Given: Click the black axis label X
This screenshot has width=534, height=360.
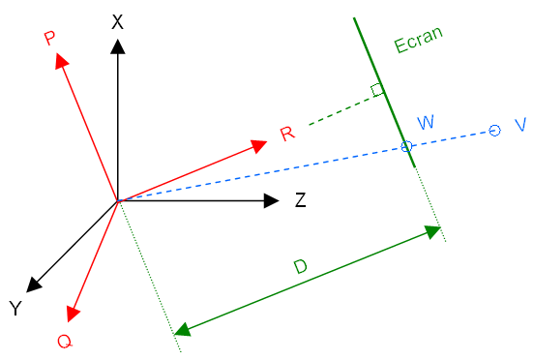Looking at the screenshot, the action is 117,22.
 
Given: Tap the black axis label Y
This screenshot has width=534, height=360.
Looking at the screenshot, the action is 15,309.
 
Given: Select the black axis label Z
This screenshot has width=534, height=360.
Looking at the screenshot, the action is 300,200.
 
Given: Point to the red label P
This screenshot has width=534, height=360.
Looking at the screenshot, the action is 49,38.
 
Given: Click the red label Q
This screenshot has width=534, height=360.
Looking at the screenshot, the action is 65,341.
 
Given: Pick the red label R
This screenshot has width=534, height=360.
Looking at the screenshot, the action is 287,134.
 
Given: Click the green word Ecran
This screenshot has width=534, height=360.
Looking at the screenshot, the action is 419,40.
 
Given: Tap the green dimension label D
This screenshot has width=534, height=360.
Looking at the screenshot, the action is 301,267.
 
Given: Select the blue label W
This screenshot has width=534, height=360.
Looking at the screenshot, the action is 426,122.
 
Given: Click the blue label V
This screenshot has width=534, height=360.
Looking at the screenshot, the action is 520,125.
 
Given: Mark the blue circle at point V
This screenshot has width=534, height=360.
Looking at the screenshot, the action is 495,131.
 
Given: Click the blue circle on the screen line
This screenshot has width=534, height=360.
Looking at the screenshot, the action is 406,146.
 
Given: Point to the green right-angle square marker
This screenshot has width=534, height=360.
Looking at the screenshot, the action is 377,90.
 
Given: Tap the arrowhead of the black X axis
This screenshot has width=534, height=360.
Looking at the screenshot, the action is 118,46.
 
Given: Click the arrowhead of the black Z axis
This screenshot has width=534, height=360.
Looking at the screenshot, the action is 272,200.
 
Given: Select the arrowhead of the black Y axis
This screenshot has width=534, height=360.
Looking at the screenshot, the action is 33,285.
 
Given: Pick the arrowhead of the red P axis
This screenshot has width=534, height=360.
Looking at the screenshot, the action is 61,60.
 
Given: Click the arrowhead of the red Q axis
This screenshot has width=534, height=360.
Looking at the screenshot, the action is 73,314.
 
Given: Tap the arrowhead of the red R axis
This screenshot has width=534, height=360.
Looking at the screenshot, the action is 258,146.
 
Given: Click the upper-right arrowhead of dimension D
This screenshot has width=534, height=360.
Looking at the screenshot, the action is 432,232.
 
